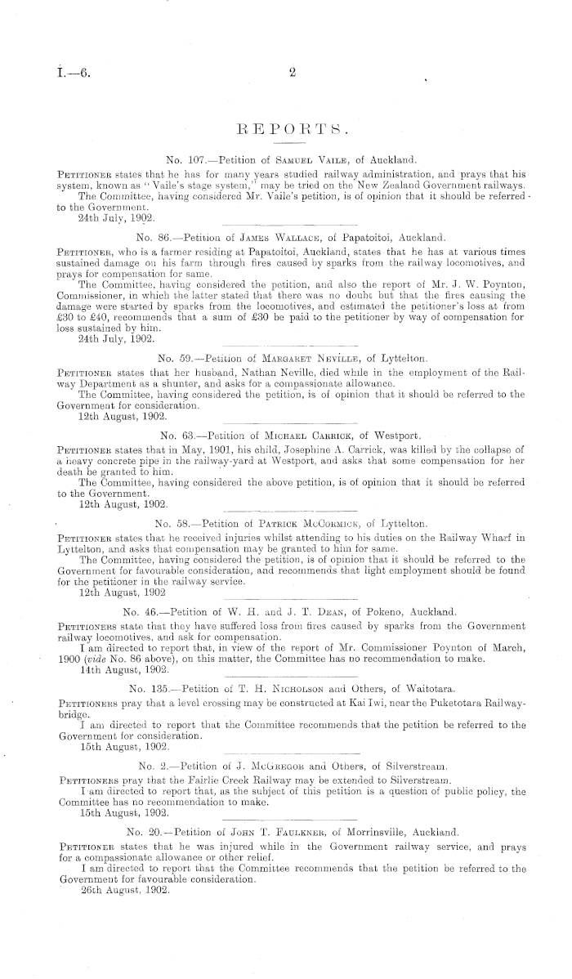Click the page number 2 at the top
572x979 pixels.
pos(291,76)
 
